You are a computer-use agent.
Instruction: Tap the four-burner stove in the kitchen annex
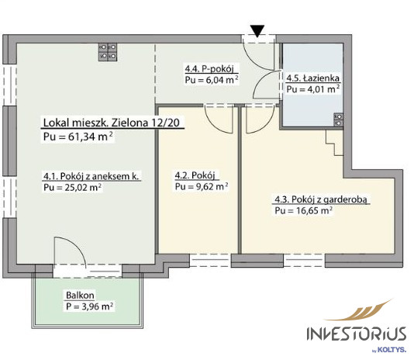pos(108,52)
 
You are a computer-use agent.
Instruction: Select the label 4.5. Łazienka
pos(313,78)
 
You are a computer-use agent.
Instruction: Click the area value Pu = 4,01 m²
pos(313,89)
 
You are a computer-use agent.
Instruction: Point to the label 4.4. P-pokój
pos(209,68)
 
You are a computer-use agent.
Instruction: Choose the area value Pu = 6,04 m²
pos(212,80)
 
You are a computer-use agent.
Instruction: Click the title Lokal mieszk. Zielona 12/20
pos(112,123)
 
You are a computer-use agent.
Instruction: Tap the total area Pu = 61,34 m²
pos(78,137)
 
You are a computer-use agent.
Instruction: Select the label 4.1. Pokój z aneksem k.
pos(91,176)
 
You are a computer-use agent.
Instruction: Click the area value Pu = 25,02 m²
pos(72,187)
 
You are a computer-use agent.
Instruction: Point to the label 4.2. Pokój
pos(195,175)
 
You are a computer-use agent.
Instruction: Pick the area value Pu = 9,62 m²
pos(202,186)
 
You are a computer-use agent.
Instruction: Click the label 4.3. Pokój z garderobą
pos(321,199)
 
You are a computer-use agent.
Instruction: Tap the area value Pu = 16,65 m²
pos(304,211)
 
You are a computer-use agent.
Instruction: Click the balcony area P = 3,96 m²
pos(90,306)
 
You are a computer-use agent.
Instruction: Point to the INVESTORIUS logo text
pos(357,334)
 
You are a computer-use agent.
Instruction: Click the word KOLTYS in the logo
pos(392,349)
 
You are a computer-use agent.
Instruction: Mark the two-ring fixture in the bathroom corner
pos(338,119)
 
